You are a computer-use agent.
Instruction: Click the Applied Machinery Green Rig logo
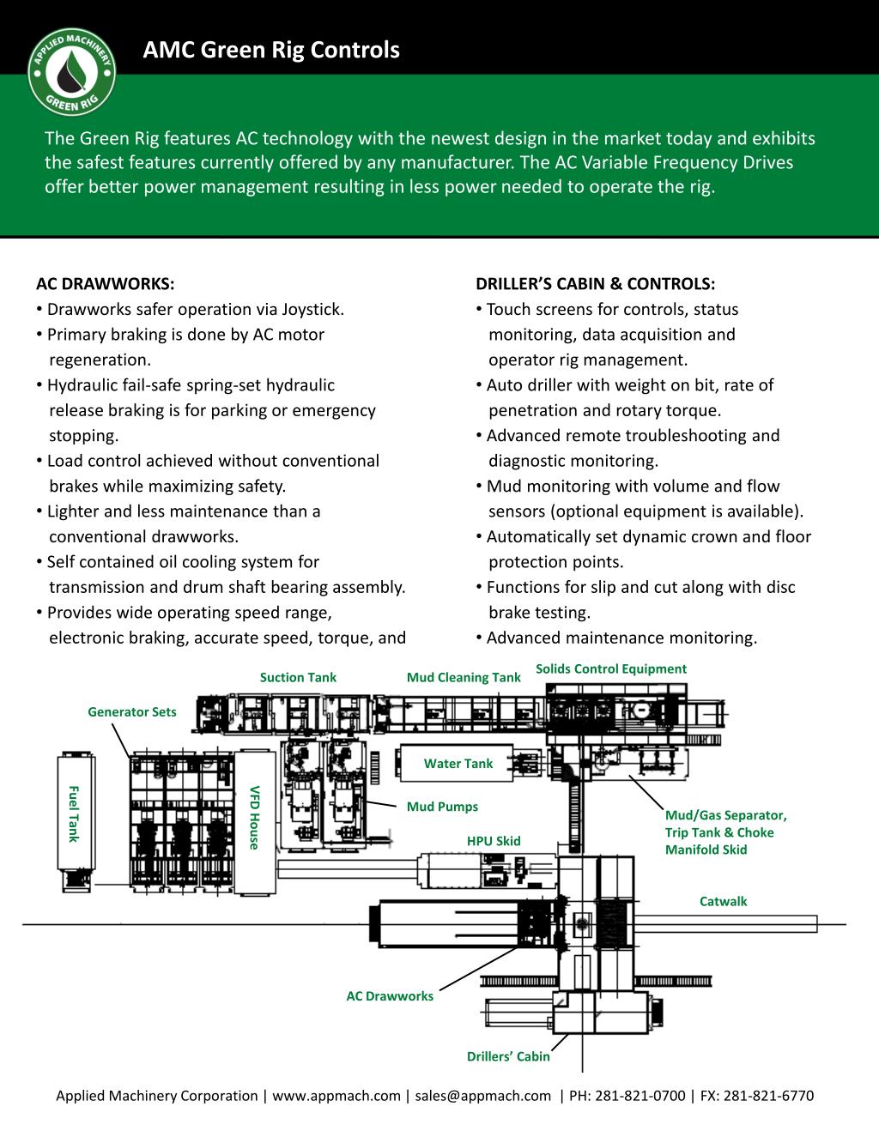(72, 73)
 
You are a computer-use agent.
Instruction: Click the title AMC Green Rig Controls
(270, 50)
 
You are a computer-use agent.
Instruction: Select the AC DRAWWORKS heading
(105, 284)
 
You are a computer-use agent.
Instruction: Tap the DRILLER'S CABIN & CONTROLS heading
(595, 284)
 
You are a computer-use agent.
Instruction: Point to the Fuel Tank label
(74, 813)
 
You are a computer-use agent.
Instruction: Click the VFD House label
(254, 817)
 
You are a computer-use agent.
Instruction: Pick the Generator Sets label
(131, 711)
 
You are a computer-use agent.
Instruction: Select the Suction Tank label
(298, 677)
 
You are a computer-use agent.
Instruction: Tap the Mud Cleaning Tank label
(464, 677)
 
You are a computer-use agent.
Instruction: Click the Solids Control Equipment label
(610, 668)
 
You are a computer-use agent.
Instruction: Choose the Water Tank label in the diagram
(458, 764)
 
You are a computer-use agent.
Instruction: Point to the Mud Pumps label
(442, 807)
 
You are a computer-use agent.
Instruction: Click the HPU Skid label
(494, 841)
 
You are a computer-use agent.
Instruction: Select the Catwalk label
(723, 901)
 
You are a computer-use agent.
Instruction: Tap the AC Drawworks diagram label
(390, 996)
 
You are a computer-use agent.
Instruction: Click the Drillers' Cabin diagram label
(508, 1056)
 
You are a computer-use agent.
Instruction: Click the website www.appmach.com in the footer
(336, 1096)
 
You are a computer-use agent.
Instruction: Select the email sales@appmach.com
(483, 1096)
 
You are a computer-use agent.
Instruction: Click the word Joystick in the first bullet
(312, 310)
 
